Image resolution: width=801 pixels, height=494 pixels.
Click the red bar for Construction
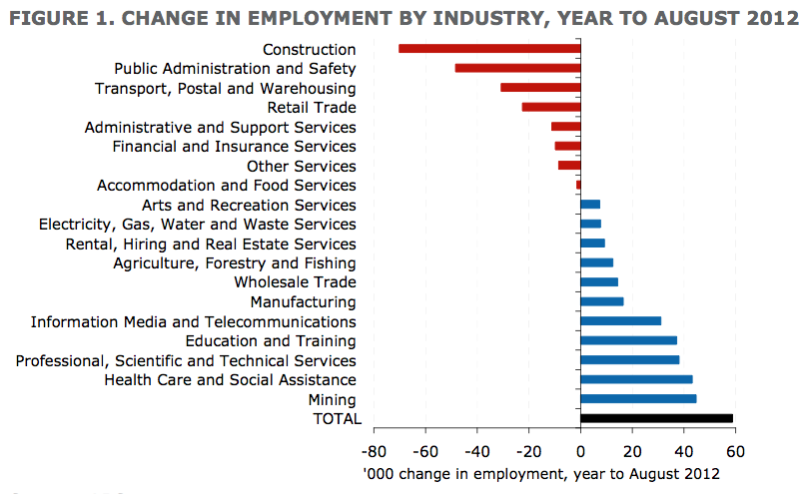489,49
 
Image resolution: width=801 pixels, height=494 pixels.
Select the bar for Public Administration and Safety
517,68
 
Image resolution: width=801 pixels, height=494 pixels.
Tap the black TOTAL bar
656,419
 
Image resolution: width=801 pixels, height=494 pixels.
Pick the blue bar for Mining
638,399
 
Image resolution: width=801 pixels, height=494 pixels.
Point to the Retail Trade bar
550,107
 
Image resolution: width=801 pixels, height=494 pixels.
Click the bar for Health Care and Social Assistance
636,379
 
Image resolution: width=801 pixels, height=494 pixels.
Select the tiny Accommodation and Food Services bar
578,185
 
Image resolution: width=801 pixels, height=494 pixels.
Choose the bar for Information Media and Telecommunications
620,321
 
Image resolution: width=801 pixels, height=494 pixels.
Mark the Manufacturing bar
601,301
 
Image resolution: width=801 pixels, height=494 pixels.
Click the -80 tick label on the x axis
374,450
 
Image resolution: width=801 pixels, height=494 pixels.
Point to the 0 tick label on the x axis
580,450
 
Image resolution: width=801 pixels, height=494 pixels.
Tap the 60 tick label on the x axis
735,450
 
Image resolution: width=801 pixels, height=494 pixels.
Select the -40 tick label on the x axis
476,450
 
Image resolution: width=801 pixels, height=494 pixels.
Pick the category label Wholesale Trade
295,282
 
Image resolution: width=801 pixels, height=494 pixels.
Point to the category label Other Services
301,166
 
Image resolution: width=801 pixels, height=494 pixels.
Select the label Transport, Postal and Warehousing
225,88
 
